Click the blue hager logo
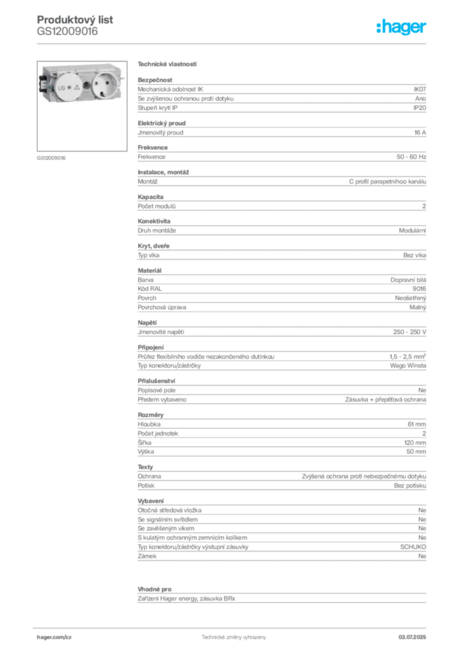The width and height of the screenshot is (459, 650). click(x=402, y=27)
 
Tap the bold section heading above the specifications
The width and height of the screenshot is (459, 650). click(x=167, y=64)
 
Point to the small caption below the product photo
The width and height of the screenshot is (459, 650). click(x=51, y=157)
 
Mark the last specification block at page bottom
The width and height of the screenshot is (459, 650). click(x=281, y=594)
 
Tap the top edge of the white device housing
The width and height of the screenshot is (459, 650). click(x=82, y=65)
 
